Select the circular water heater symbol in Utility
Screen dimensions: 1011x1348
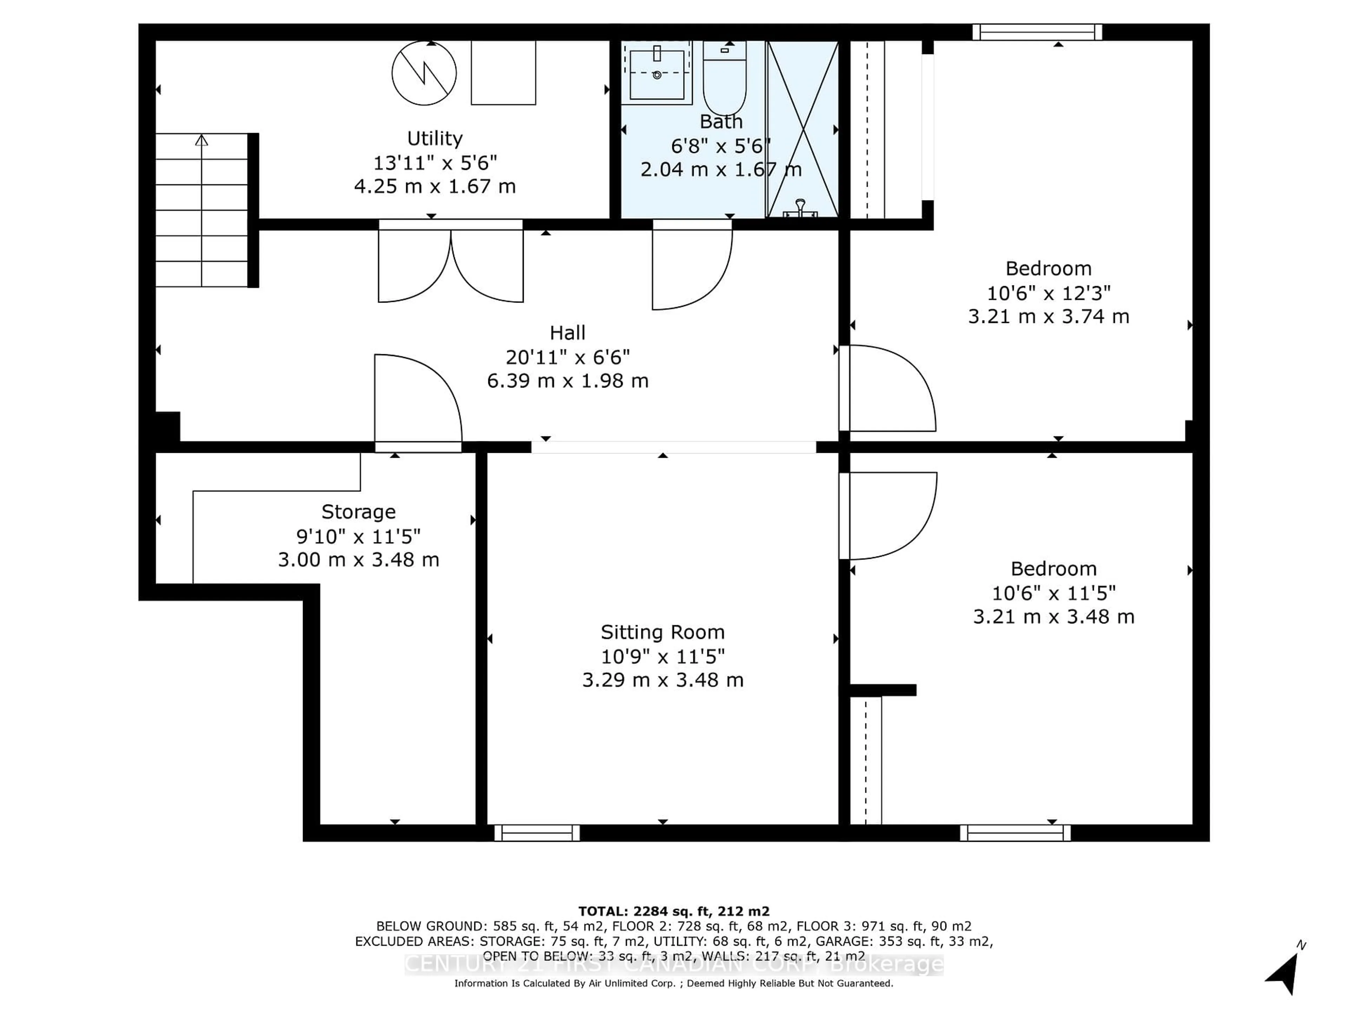pyautogui.click(x=424, y=73)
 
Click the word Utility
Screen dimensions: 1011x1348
pyautogui.click(x=435, y=138)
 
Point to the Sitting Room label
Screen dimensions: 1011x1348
pyautogui.click(x=662, y=632)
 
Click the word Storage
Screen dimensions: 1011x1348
pyautogui.click(x=358, y=511)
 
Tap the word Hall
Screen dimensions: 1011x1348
pyautogui.click(x=567, y=333)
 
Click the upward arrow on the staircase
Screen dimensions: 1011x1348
pyautogui.click(x=202, y=141)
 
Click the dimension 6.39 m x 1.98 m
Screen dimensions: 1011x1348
pyautogui.click(x=567, y=381)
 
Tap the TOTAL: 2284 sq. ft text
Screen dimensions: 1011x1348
pyautogui.click(x=673, y=911)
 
